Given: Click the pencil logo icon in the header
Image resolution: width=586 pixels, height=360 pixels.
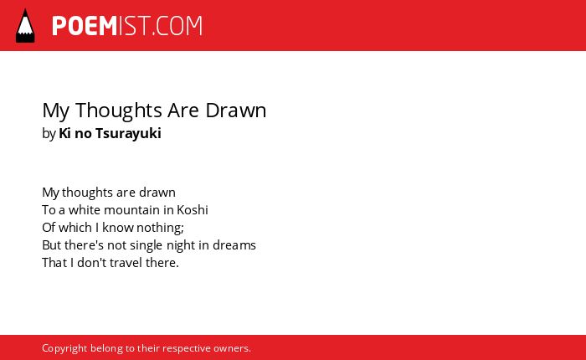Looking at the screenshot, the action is pos(25,26).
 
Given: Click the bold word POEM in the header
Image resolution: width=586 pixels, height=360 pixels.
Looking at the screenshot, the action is pos(85,26).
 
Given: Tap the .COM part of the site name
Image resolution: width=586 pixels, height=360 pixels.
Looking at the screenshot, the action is pos(177,26).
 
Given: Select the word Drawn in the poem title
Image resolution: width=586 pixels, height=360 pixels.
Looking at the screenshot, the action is pos(236,111).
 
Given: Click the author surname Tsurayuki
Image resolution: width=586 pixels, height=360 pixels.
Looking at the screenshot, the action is pos(128,133).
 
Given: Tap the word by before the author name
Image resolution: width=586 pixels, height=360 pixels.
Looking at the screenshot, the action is pos(49,134).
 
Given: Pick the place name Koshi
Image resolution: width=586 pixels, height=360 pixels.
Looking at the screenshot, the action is pos(192,209).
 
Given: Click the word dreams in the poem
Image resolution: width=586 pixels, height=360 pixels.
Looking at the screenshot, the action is pos(234,245).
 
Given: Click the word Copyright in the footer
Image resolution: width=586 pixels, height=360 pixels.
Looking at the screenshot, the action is pos(64,348).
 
